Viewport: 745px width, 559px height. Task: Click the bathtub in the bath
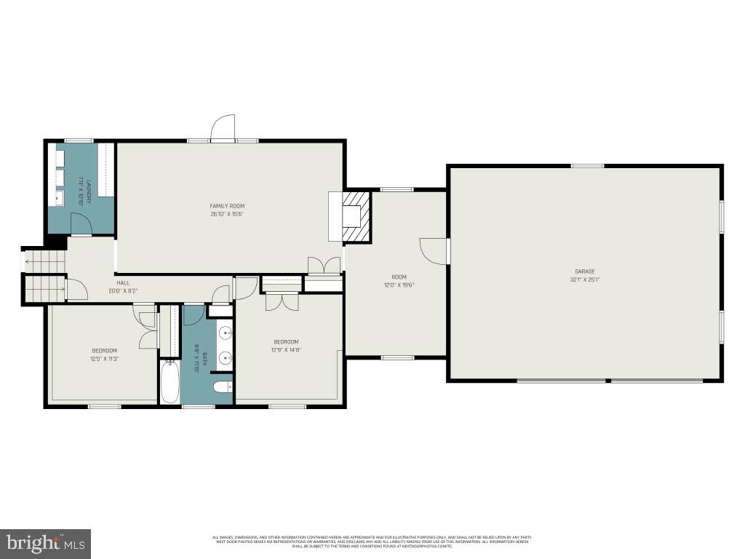click(x=170, y=381)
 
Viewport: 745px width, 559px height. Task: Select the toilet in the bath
click(x=223, y=386)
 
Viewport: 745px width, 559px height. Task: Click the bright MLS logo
click(x=45, y=542)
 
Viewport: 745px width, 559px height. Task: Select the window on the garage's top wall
click(x=587, y=166)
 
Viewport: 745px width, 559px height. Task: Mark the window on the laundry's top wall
click(x=79, y=140)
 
